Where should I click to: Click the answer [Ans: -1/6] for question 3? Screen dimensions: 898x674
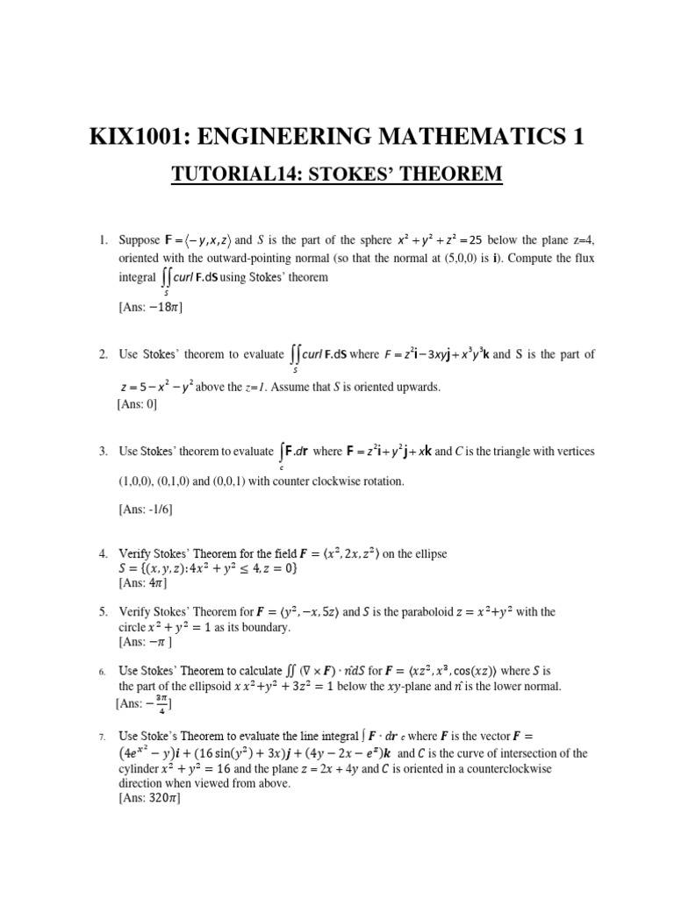(x=146, y=511)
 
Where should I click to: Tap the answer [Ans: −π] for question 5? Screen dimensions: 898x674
(x=145, y=642)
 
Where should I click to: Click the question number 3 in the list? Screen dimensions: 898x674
(x=104, y=452)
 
